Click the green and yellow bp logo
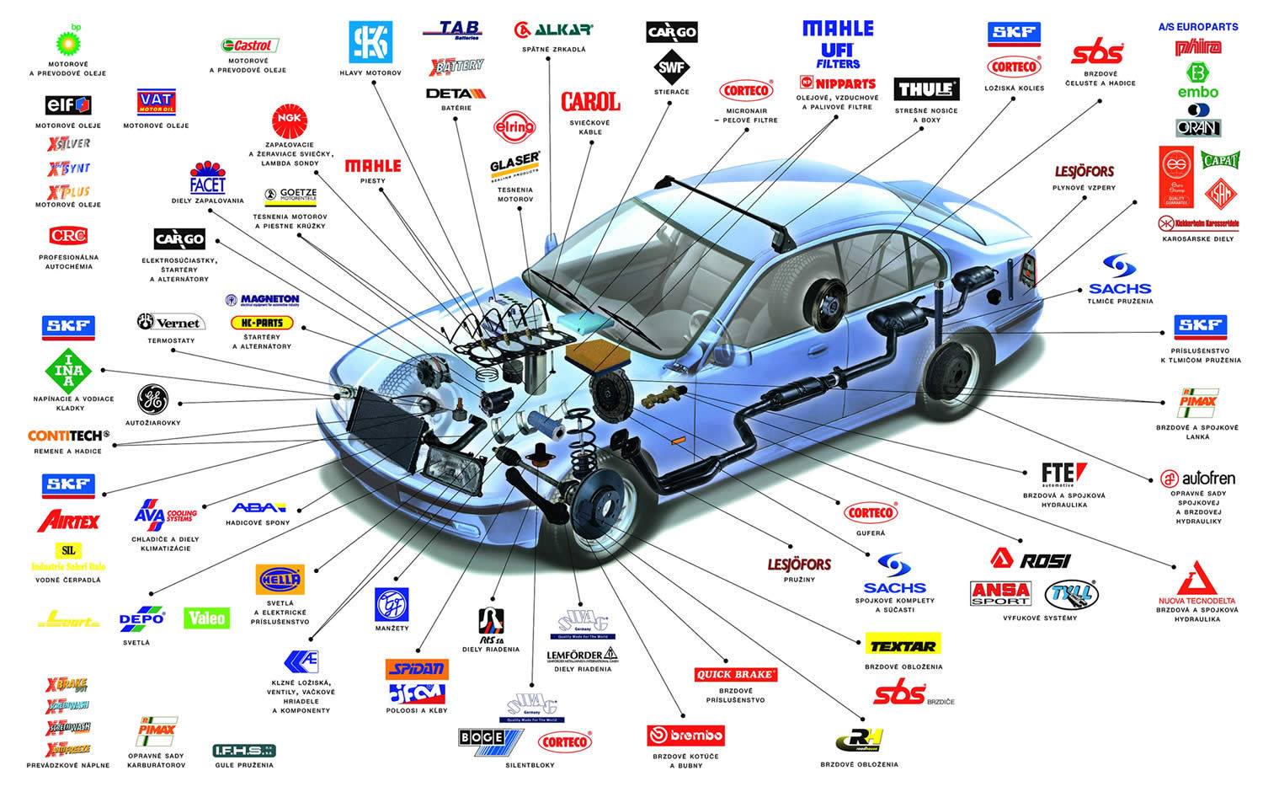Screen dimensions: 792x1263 [68, 40]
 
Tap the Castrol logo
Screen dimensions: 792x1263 [249, 45]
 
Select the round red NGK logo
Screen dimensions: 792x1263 [290, 120]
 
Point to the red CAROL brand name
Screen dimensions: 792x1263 [590, 102]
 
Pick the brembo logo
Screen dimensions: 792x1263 [685, 736]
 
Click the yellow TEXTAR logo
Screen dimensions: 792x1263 [903, 645]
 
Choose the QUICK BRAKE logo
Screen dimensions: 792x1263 [735, 674]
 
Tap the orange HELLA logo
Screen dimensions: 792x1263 [280, 581]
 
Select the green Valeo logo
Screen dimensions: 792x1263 [206, 618]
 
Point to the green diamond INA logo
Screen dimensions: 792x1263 [68, 371]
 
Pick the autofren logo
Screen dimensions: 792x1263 [1197, 479]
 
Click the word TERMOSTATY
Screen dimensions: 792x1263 [171, 341]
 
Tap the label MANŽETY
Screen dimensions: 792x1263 [392, 629]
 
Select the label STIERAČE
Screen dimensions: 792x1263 [671, 92]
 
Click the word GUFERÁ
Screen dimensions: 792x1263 [871, 533]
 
